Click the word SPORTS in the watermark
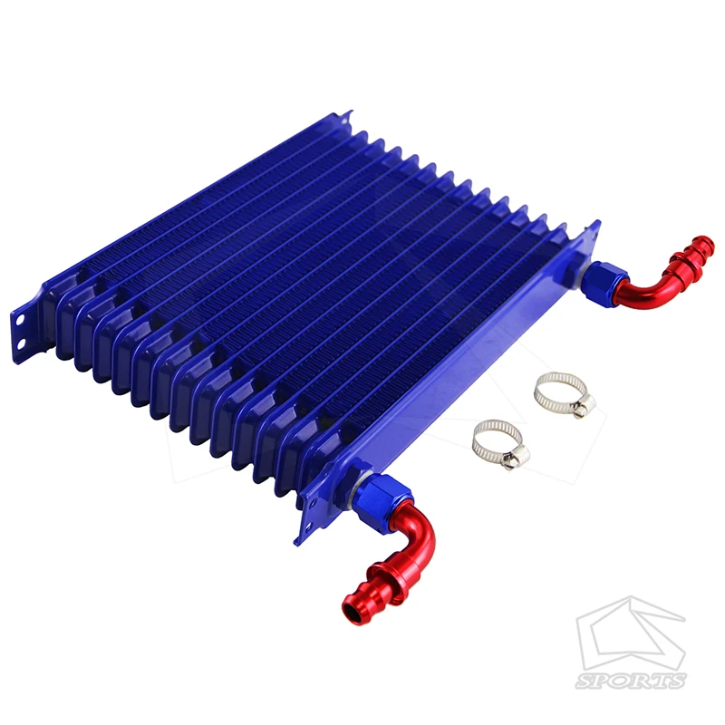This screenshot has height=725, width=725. coord(630,681)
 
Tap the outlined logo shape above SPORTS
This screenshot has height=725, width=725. coord(631,633)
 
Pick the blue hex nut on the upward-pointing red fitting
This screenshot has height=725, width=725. coord(603,283)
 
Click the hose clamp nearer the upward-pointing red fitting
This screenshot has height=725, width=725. coord(564,394)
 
